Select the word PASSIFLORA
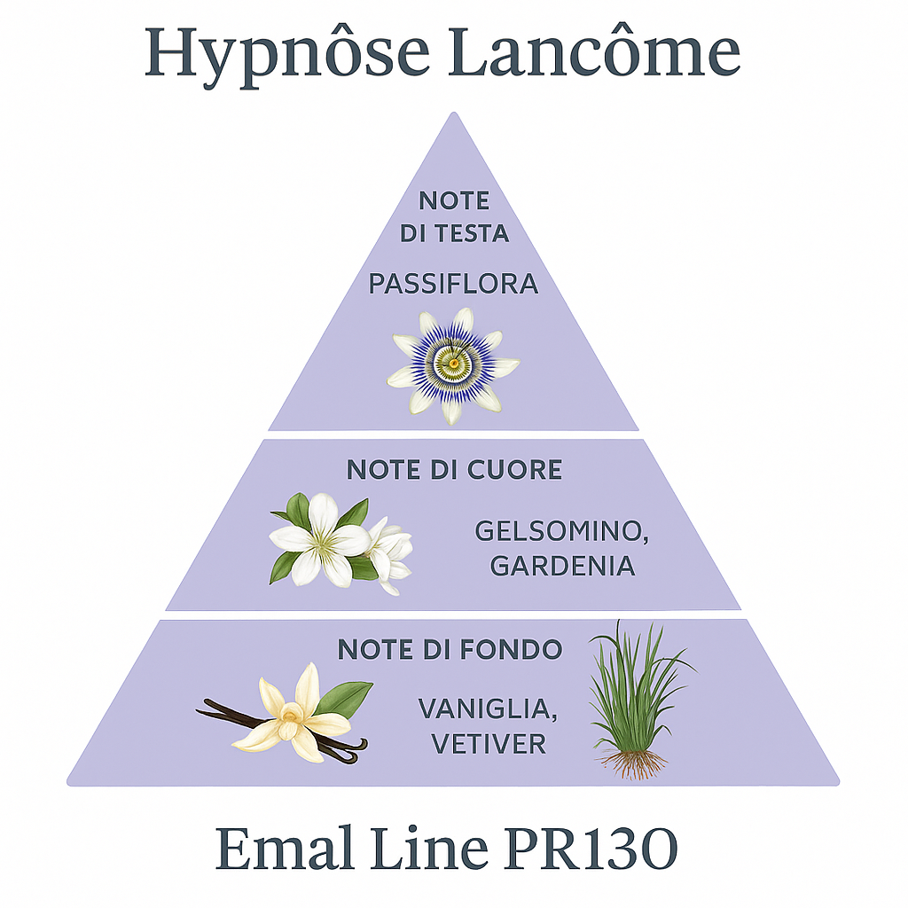[x=453, y=285]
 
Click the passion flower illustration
[x=453, y=364]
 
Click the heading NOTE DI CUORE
[x=453, y=469]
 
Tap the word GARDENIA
[x=563, y=567]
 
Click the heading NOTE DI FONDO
[x=450, y=649]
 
